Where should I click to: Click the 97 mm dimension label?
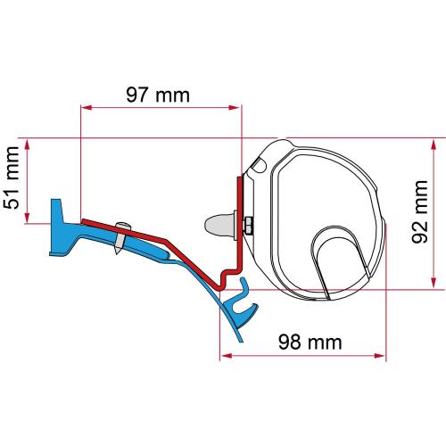pyautogui.click(x=162, y=94)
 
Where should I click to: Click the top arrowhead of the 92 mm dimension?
pyautogui.click(x=434, y=144)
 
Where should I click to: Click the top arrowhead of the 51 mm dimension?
pyautogui.click(x=33, y=144)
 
